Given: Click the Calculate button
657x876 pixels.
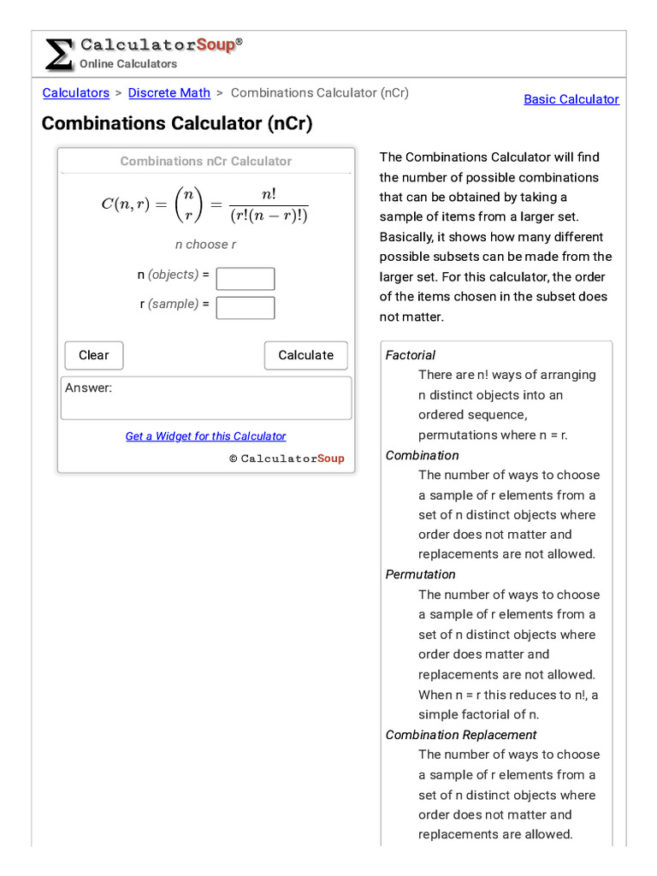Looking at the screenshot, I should click(x=305, y=355).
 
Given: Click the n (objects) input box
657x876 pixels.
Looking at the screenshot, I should click(x=246, y=279).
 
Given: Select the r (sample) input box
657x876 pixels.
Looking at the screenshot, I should click(x=246, y=308).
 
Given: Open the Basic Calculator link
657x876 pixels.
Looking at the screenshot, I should click(x=571, y=99).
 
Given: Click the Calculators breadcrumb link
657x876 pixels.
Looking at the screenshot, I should click(x=76, y=92).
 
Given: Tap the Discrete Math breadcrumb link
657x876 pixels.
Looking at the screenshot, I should click(x=169, y=92).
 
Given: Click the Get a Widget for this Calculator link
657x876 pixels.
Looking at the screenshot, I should click(x=205, y=436).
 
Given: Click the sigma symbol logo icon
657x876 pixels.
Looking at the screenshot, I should click(x=58, y=54).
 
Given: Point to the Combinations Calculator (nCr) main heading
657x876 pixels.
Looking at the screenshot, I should click(x=177, y=123).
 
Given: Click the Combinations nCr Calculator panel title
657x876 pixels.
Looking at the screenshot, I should click(x=205, y=161).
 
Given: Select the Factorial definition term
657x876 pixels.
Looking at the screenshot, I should click(x=411, y=355).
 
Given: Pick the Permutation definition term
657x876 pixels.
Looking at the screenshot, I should click(x=421, y=574).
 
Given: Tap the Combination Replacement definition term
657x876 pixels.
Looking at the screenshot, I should click(x=461, y=735).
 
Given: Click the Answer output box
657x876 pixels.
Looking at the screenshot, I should click(x=205, y=398).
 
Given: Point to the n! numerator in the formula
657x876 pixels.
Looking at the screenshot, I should click(x=268, y=193).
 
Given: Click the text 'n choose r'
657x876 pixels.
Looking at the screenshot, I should click(x=205, y=245).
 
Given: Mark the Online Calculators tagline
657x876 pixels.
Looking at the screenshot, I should click(x=128, y=64).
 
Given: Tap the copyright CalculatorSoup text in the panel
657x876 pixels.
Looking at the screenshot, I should click(x=287, y=459).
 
